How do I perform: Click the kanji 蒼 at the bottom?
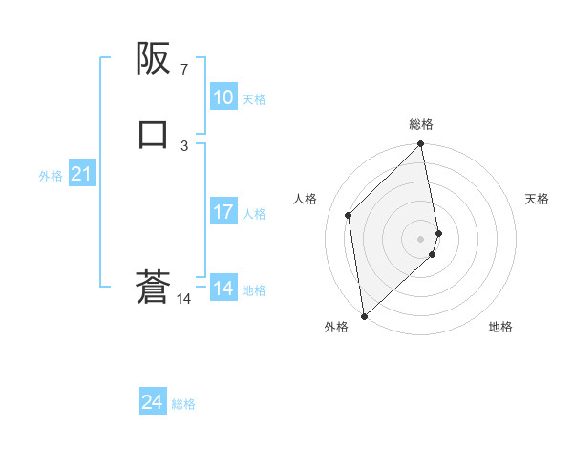coord(153,288)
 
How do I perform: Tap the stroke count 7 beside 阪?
coord(184,70)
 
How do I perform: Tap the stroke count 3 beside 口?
coord(184,145)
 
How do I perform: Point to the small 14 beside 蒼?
coord(184,299)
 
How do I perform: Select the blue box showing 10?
coord(223,97)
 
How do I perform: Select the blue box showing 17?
coord(223,212)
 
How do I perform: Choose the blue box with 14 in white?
coord(223,289)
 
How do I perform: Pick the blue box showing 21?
coord(81,174)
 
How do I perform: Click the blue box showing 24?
coord(152,403)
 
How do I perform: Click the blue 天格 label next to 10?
coord(254,99)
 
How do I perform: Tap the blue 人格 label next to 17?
coord(254,214)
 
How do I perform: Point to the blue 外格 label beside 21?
coord(51,176)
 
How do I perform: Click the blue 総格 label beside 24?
coord(183,405)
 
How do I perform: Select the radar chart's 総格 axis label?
coord(421,124)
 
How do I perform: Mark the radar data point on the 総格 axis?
coord(421,145)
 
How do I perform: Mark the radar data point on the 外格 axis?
coord(364,315)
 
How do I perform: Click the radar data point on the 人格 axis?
coord(349,215)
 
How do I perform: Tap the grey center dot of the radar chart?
coord(421,238)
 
